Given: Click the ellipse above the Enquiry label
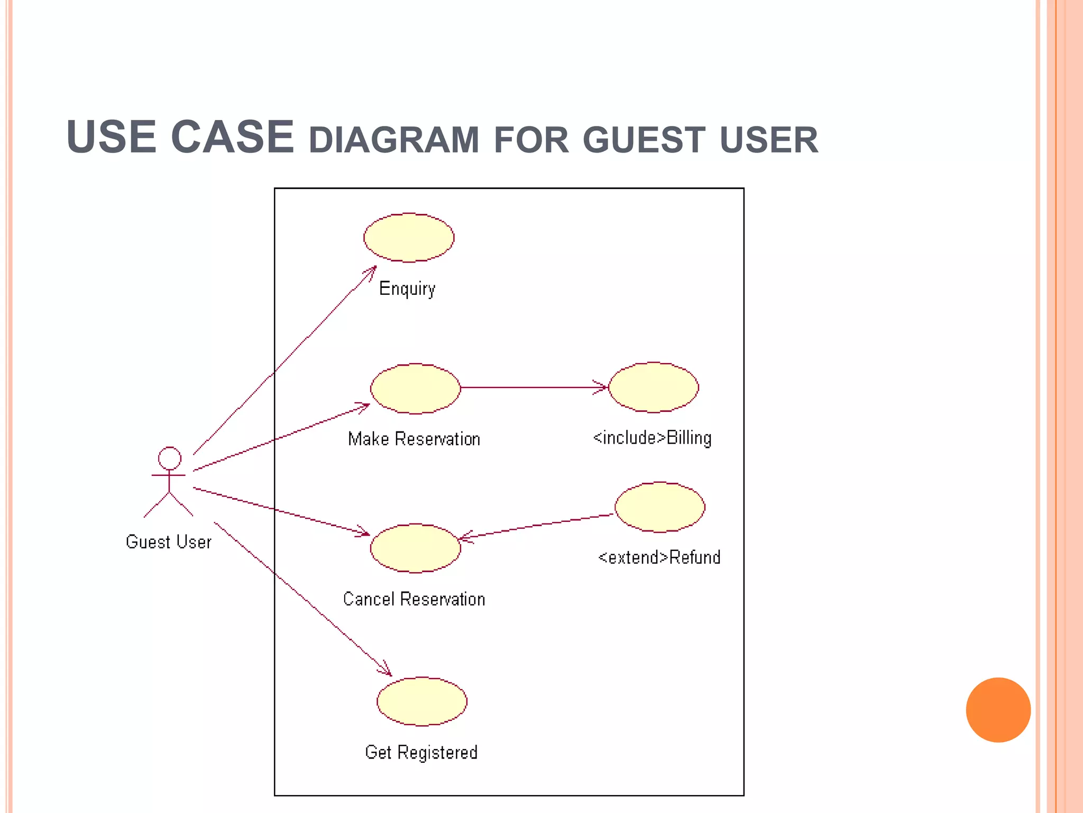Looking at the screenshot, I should coord(408,238).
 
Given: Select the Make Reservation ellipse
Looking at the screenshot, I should coord(415,389).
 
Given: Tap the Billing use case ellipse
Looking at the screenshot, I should coord(654,387).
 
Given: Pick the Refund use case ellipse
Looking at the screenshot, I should coord(660,507).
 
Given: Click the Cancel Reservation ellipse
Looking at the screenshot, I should coord(415,548).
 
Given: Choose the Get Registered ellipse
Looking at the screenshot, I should coord(421,701).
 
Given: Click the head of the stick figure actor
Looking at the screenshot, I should coord(170,458).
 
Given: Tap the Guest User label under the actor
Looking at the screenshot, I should coord(169,542).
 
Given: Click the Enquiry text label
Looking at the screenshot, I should coord(407,289).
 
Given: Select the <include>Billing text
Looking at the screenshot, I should coord(652,438).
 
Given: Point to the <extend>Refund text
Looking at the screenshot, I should coord(659,557).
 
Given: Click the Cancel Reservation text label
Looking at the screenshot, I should coord(414,599).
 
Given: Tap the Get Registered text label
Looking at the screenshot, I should coord(421,752).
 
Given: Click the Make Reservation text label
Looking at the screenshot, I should coord(414,439).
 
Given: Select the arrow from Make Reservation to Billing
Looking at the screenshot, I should coord(534,387).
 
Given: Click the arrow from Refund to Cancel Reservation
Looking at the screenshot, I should coord(537,526).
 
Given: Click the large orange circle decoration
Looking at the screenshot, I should coord(998,710).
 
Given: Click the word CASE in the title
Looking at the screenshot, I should coord(232,137).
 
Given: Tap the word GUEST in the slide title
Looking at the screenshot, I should coord(644,140).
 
